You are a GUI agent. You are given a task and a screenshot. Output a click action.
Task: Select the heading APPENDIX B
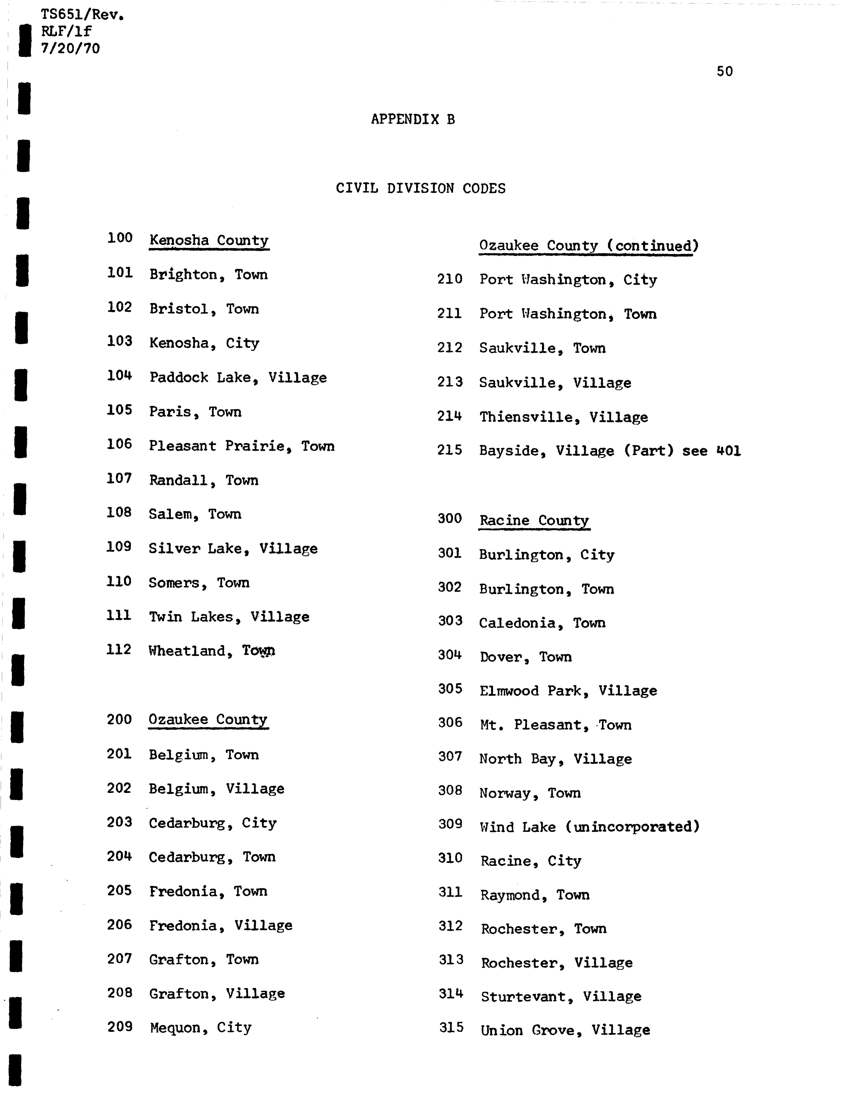[413, 119]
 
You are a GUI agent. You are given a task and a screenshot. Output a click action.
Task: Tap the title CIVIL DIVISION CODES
[420, 189]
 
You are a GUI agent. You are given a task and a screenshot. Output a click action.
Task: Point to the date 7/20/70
[70, 49]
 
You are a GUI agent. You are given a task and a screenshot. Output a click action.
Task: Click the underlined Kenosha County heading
[209, 240]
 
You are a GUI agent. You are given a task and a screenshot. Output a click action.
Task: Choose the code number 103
[119, 341]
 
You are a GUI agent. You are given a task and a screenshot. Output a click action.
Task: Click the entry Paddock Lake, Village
[238, 377]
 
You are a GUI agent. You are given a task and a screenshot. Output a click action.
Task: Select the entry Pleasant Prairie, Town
[241, 446]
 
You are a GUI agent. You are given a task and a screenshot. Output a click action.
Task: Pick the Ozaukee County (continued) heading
[589, 246]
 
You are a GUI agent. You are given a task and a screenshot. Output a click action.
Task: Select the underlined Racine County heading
[534, 520]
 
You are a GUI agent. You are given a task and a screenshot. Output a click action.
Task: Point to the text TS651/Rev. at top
[82, 15]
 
